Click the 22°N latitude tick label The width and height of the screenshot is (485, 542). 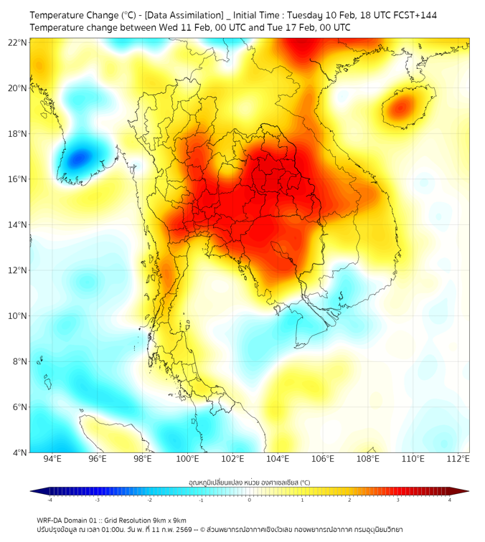click(18, 42)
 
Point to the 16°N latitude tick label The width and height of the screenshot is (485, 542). click(18, 179)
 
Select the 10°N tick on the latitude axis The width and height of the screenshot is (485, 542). click(18, 316)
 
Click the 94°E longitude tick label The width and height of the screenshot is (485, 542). click(52, 460)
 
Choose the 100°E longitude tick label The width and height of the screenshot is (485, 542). click(187, 460)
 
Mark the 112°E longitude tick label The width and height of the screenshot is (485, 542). click(458, 460)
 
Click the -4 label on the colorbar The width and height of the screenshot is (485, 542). click(49, 500)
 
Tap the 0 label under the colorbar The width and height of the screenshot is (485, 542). click(250, 500)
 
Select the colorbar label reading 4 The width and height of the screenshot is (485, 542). click(450, 500)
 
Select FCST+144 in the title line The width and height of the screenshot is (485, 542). click(414, 15)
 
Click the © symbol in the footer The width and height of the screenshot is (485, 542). click(202, 530)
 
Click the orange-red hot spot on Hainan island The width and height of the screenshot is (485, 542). click(402, 108)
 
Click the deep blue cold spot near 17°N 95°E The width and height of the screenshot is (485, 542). click(77, 157)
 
